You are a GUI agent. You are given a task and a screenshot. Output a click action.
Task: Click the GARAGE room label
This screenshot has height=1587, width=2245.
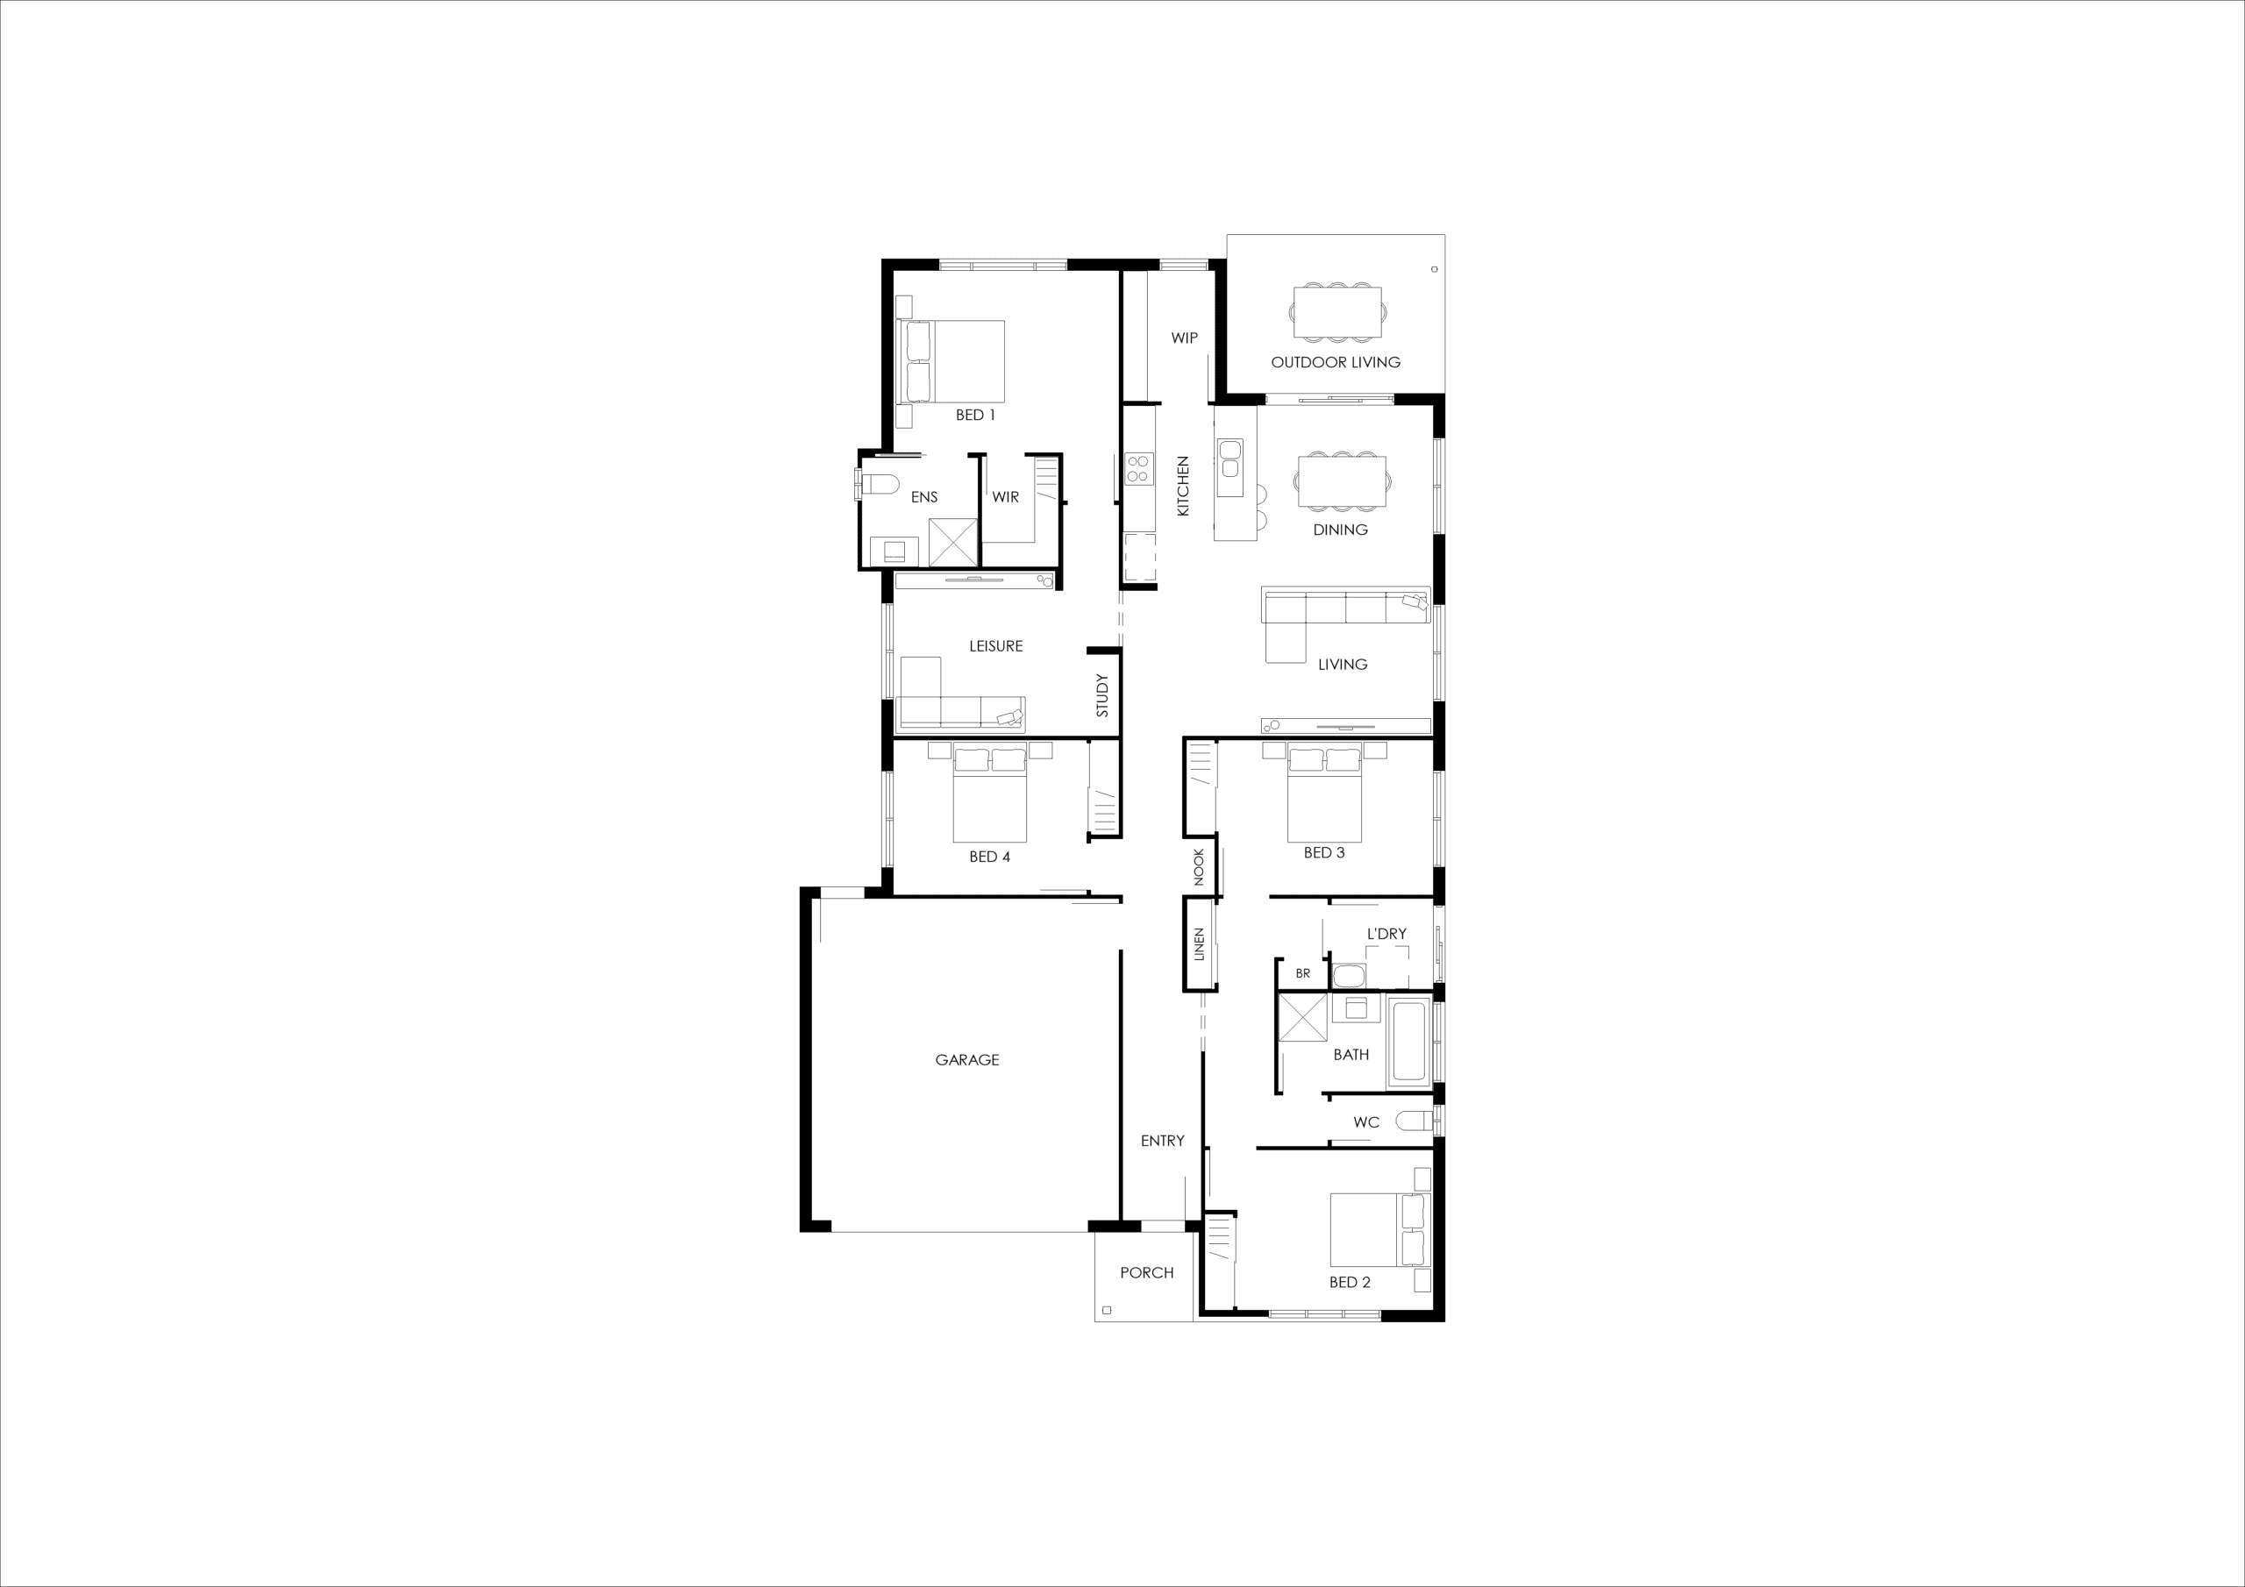point(967,1060)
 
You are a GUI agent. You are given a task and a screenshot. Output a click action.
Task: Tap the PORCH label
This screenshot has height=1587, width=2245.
point(1147,1273)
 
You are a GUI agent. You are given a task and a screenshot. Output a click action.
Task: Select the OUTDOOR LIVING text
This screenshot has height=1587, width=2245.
point(1336,363)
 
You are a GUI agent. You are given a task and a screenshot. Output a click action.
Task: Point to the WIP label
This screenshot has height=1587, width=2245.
point(1184,338)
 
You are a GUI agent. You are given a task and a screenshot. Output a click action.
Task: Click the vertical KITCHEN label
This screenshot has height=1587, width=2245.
point(1183,486)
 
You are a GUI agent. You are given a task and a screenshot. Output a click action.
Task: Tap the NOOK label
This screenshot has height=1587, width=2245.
point(1200,867)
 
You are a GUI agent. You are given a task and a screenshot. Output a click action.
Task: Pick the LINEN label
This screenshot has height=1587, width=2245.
point(1200,944)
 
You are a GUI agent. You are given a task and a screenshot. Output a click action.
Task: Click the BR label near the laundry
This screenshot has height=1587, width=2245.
point(1302,974)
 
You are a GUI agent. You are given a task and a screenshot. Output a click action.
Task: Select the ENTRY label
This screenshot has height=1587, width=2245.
point(1163,1141)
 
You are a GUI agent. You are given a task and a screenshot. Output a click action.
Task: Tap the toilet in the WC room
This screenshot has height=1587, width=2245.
point(1415,1121)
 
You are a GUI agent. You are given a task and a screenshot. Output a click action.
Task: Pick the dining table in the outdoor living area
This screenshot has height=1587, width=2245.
point(1337,312)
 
